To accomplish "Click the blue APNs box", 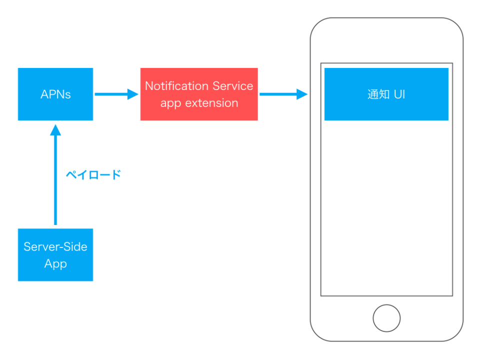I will click(x=55, y=94).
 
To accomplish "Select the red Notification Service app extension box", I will click(x=198, y=94).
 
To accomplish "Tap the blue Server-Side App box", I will click(x=55, y=254).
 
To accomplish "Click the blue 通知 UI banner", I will click(x=386, y=94).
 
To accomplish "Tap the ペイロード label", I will click(x=93, y=175).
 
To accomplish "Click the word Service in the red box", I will click(x=232, y=86).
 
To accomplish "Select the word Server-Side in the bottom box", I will click(x=55, y=246).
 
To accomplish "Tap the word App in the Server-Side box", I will click(x=55, y=263).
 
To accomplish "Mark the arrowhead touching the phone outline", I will click(x=301, y=94).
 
